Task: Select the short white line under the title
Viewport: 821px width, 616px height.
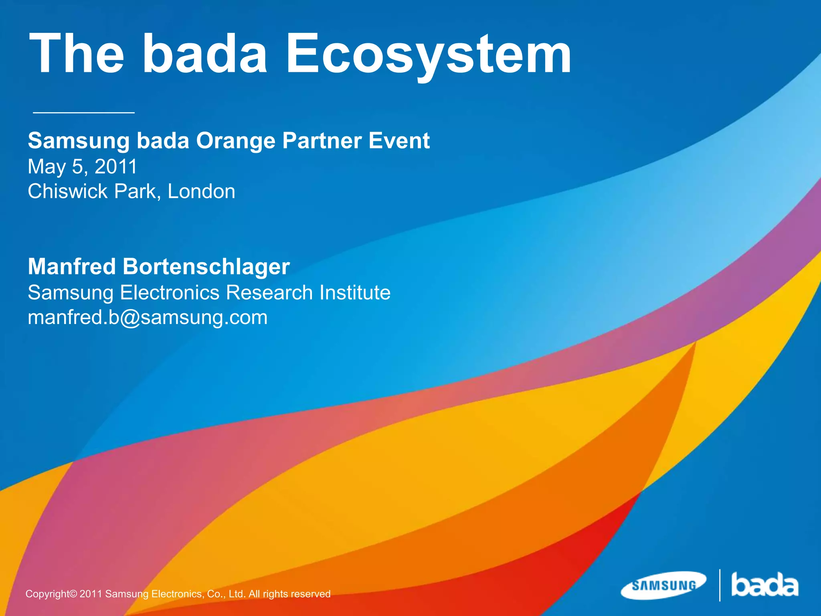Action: point(83,113)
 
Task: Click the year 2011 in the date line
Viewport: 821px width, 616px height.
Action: point(116,166)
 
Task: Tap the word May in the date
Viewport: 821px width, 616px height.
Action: point(46,167)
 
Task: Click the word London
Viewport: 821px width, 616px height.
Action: point(201,191)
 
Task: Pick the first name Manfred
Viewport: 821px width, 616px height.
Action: point(72,267)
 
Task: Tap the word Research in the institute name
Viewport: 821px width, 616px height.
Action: point(269,292)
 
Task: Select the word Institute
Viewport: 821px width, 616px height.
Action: point(355,292)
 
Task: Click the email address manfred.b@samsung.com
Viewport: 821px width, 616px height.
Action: point(148,318)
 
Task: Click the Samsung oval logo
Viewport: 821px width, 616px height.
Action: point(664,586)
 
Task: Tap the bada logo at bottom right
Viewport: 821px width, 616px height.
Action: point(764,585)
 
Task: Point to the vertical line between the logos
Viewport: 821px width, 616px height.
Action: point(720,585)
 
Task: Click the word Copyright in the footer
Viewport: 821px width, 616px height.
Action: point(51,594)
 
